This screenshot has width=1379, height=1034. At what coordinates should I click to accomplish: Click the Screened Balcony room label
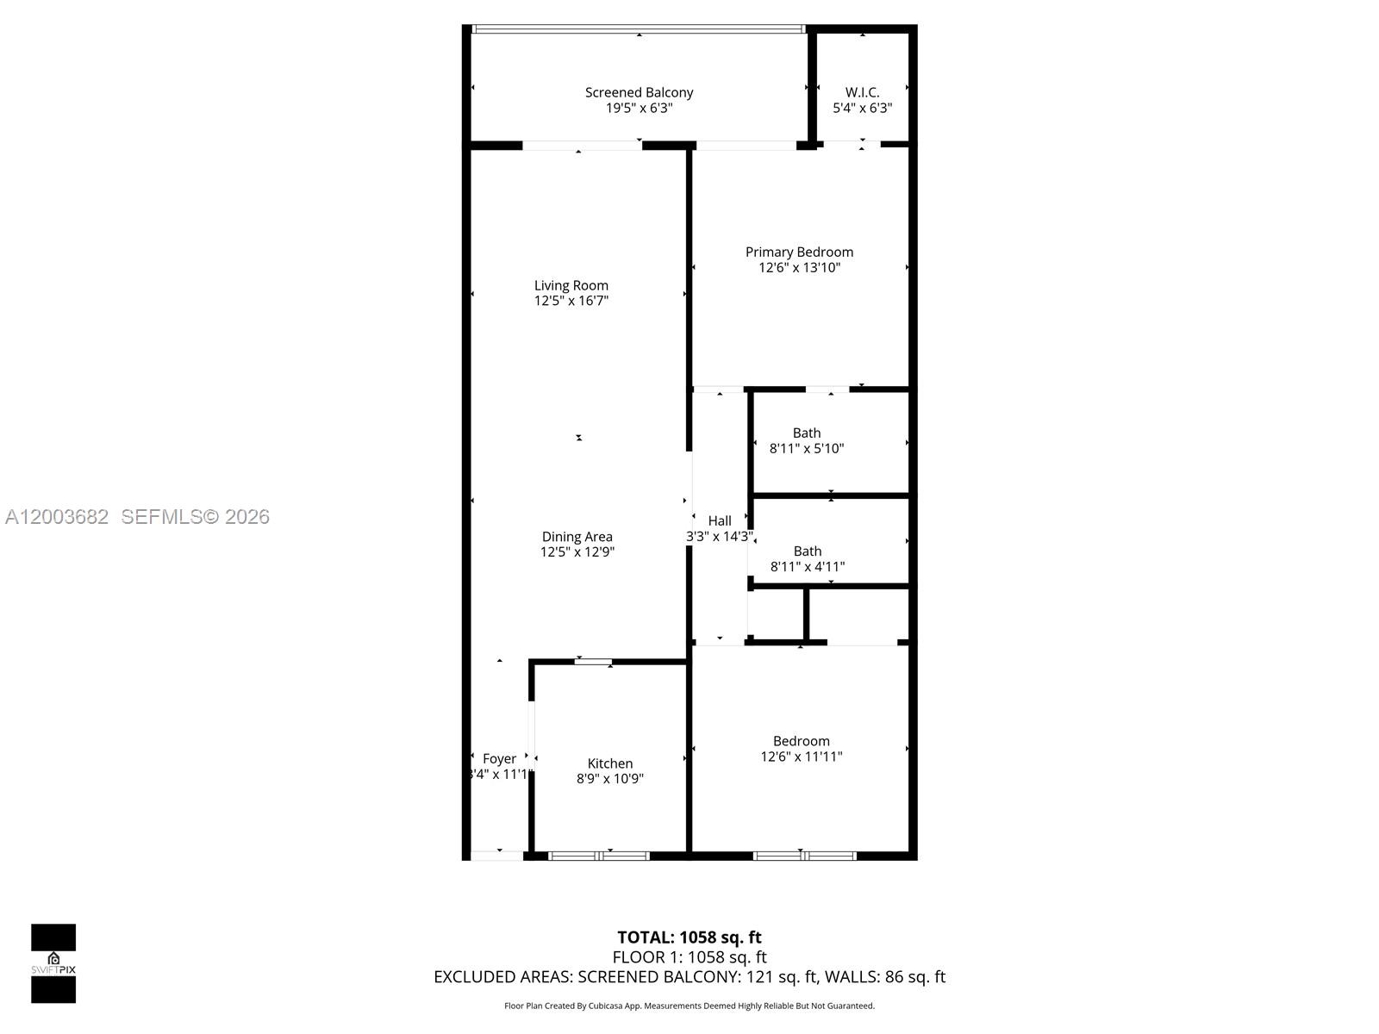[639, 92]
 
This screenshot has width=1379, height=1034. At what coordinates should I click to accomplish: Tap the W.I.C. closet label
[862, 92]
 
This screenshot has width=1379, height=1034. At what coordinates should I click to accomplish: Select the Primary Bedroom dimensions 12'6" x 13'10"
[799, 268]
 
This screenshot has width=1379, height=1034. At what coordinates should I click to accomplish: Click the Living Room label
[571, 285]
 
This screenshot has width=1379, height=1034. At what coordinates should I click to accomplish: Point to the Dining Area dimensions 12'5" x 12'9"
[577, 552]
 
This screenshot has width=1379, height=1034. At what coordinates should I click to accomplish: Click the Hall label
[720, 520]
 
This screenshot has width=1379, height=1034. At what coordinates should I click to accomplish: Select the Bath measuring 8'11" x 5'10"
[807, 440]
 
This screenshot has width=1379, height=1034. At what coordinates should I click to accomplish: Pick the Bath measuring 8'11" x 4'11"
[807, 558]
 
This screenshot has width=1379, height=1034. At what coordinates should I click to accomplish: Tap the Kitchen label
[609, 763]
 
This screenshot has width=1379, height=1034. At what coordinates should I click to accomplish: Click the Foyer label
[499, 758]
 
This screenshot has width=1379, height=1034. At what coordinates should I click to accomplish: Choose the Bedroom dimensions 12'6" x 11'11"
[801, 757]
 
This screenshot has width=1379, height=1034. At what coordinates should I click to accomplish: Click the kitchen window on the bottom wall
[599, 856]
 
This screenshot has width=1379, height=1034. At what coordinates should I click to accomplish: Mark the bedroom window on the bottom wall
[804, 856]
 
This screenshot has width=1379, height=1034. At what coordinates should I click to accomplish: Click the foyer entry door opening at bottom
[497, 856]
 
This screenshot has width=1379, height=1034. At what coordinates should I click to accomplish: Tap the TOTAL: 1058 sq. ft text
[689, 937]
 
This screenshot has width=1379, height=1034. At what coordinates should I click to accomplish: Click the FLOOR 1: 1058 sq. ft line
[689, 957]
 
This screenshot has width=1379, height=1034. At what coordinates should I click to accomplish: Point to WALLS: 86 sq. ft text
[884, 977]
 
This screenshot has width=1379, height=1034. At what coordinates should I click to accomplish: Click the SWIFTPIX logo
[53, 963]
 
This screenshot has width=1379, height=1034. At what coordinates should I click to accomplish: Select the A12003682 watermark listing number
[57, 517]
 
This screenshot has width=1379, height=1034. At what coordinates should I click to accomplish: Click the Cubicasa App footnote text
[689, 1006]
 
